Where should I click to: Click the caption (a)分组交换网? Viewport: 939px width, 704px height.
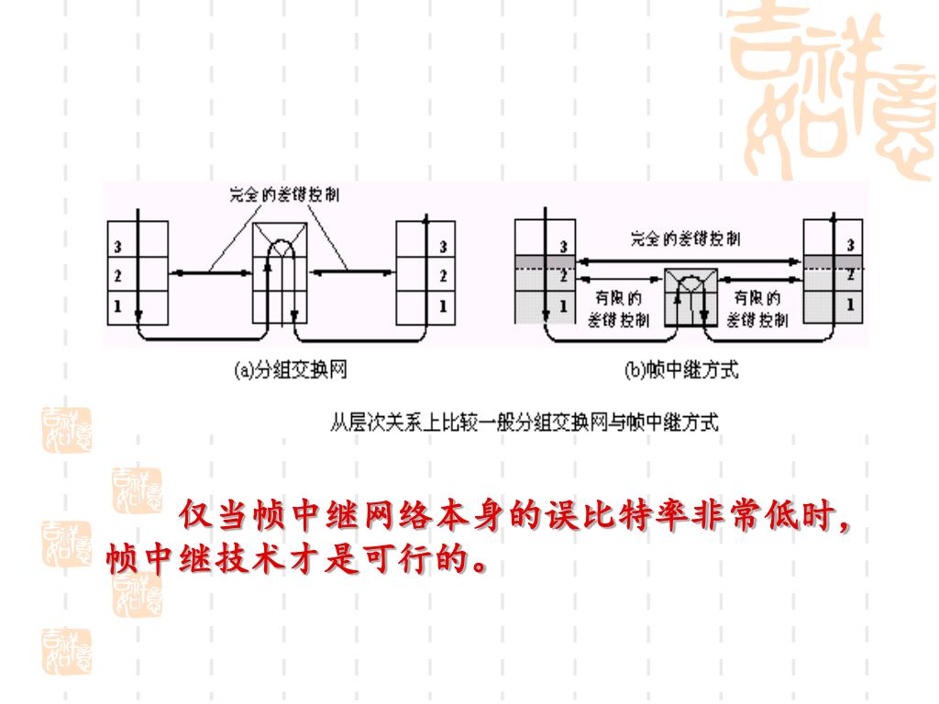[x=291, y=370]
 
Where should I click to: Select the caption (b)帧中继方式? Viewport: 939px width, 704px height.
[x=680, y=370]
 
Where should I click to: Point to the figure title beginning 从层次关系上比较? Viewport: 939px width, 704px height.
[x=524, y=423]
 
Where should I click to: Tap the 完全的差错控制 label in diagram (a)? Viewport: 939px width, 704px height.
[x=281, y=195]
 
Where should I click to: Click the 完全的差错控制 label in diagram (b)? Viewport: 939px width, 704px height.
[x=685, y=240]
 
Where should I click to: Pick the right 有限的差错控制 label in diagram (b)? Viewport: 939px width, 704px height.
[x=757, y=309]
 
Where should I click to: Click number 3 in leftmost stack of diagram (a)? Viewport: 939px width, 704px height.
[x=118, y=246]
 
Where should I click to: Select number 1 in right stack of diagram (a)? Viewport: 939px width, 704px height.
[x=443, y=306]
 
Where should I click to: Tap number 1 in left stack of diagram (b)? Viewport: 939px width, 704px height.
[x=563, y=305]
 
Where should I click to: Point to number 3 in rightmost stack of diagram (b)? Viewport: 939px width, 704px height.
[x=850, y=245]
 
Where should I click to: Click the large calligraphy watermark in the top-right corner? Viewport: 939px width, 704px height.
[x=830, y=92]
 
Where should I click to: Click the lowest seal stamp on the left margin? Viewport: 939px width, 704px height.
[x=66, y=652]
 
